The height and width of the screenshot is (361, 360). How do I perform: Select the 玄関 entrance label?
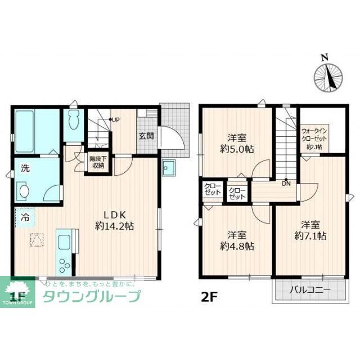coord(146,135)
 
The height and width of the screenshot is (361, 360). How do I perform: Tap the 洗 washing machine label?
coord(26,168)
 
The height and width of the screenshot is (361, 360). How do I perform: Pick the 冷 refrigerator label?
coord(26,216)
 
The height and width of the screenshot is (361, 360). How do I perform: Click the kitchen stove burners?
coord(64,265)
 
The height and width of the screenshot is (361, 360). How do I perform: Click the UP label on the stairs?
coord(114,120)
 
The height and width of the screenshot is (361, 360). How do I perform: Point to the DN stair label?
coord(286,182)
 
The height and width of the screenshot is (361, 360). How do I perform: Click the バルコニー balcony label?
coord(310,291)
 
